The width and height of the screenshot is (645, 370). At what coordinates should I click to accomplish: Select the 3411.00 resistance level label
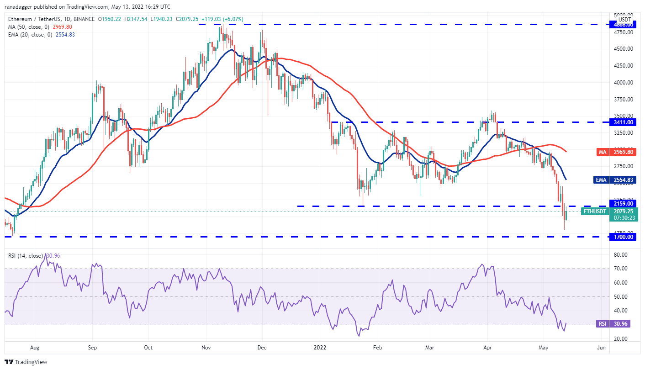(x=623, y=122)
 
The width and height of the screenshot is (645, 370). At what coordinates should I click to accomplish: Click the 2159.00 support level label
(x=623, y=203)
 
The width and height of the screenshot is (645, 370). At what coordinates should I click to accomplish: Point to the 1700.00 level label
(x=623, y=237)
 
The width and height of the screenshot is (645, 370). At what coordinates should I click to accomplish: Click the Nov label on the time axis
(x=206, y=348)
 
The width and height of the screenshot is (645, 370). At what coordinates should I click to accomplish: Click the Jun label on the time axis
(x=601, y=348)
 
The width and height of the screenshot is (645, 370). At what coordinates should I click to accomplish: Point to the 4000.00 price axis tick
(x=623, y=82)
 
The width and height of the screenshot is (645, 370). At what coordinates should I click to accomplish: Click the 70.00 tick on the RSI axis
(x=619, y=269)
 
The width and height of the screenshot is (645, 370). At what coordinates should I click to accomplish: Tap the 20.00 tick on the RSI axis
(x=619, y=338)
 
